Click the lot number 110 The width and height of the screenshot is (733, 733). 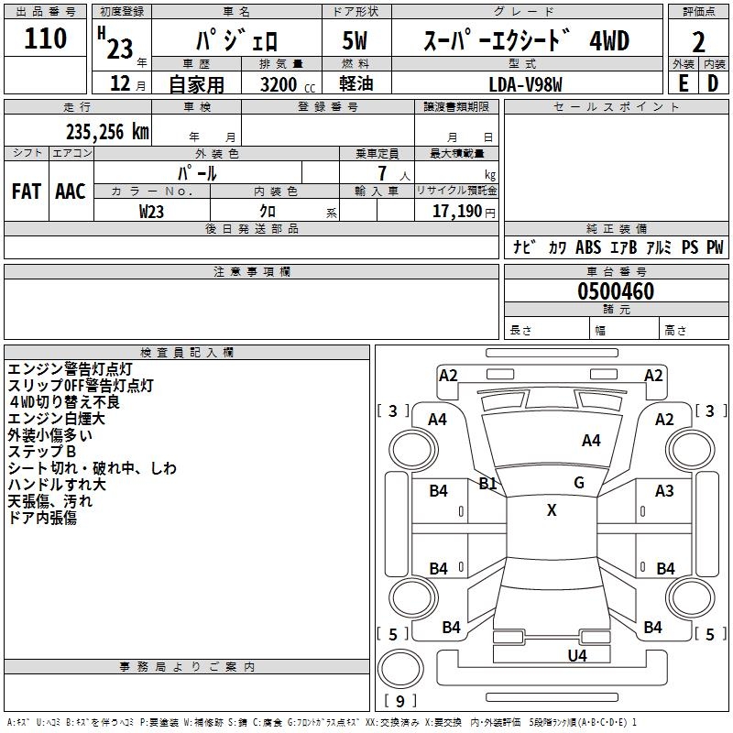pyautogui.click(x=46, y=38)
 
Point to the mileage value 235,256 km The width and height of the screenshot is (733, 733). pyautogui.click(x=106, y=132)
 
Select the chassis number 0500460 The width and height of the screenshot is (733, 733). pyautogui.click(x=616, y=291)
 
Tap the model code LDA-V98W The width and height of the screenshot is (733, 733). pyautogui.click(x=526, y=83)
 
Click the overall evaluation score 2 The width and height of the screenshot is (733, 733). pyautogui.click(x=699, y=41)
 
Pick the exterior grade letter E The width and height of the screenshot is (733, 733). pyautogui.click(x=683, y=83)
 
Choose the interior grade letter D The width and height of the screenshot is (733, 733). pyautogui.click(x=713, y=83)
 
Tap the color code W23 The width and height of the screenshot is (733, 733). pyautogui.click(x=152, y=211)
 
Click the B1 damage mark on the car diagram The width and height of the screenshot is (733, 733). pyautogui.click(x=488, y=483)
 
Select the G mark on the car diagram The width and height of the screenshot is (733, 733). pyautogui.click(x=579, y=482)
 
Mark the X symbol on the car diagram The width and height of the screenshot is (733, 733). pyautogui.click(x=552, y=510)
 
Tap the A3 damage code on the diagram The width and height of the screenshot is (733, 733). pyautogui.click(x=664, y=491)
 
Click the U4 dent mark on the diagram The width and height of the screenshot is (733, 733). pyautogui.click(x=577, y=655)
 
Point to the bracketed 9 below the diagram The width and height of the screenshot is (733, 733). pyautogui.click(x=400, y=701)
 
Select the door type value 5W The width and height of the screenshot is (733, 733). pyautogui.click(x=356, y=40)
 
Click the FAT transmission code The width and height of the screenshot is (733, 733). pyautogui.click(x=26, y=191)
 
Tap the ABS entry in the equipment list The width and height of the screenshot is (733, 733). pyautogui.click(x=588, y=247)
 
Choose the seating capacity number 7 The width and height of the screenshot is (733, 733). pyautogui.click(x=380, y=173)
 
